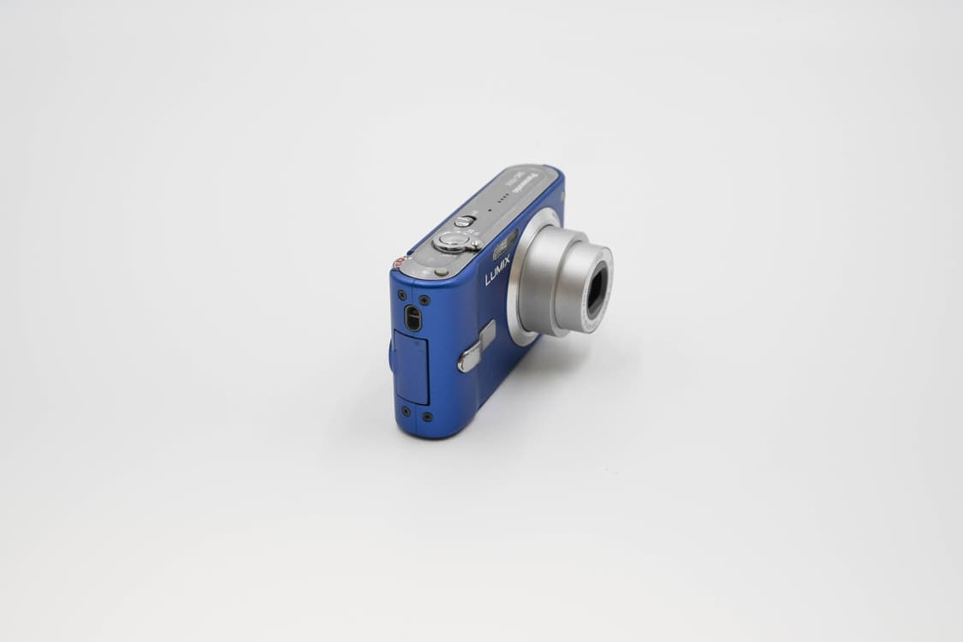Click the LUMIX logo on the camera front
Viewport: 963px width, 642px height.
point(497,270)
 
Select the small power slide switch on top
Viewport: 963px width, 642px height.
point(464,221)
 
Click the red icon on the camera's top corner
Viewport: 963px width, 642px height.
point(398,263)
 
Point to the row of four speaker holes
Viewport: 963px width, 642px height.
point(503,199)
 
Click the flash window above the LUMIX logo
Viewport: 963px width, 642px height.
point(504,245)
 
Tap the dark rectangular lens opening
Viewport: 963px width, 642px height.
point(595,289)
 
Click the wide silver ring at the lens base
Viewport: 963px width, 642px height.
point(521,282)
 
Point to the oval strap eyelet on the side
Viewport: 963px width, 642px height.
point(413,318)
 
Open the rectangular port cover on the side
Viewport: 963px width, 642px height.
point(412,368)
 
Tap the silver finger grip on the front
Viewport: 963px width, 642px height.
point(476,348)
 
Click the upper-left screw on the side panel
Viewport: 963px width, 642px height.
point(402,295)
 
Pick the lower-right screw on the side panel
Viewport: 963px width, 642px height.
point(427,417)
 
